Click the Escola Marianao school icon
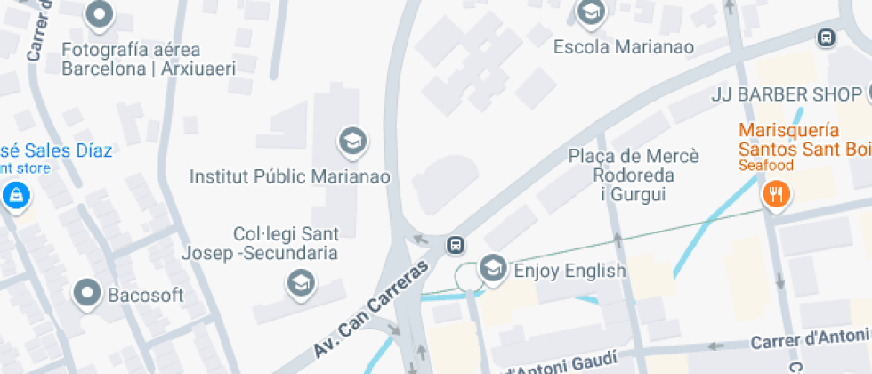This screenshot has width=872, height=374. (589, 12)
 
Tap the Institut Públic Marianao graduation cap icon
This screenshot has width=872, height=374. (352, 141)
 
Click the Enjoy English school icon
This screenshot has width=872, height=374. (492, 267)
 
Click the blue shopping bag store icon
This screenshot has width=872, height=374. (15, 195)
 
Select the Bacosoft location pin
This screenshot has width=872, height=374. (87, 292)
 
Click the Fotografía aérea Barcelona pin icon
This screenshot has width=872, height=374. (99, 14)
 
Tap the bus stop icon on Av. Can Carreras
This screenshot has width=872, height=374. (456, 244)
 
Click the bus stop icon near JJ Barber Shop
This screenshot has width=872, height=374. (827, 37)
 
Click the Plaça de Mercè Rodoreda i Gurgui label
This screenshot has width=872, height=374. (634, 175)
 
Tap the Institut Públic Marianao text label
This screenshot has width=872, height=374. (290, 176)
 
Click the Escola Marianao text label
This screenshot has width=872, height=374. (623, 46)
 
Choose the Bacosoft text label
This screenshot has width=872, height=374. (145, 294)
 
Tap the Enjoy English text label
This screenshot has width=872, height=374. (569, 270)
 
